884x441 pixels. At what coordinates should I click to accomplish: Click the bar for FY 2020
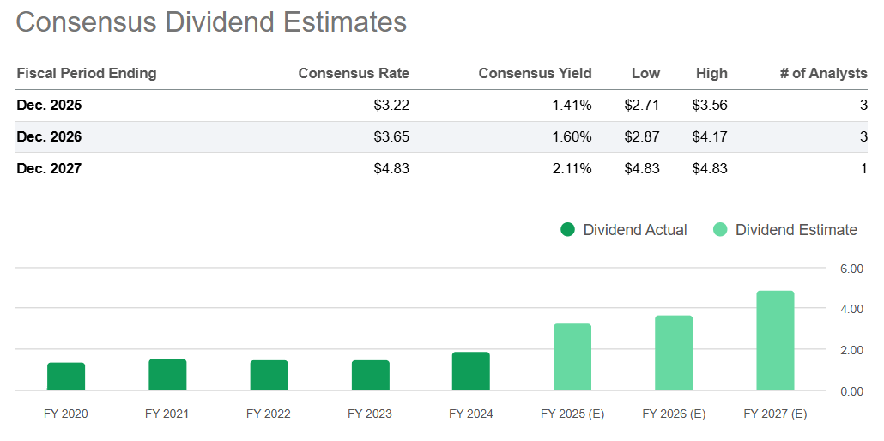[66, 377]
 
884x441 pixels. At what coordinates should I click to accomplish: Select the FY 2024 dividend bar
[471, 372]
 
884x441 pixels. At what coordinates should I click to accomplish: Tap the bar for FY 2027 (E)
[775, 341]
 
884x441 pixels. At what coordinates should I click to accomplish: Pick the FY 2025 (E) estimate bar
[572, 357]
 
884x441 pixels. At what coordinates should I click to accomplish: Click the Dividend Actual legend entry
[624, 230]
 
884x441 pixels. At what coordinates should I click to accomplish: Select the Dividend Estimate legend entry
[785, 230]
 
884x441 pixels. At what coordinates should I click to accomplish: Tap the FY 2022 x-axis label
[269, 414]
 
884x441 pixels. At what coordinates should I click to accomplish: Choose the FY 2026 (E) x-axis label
[674, 414]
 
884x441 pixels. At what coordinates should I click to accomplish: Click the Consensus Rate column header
[354, 74]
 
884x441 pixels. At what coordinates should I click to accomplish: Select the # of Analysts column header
[823, 74]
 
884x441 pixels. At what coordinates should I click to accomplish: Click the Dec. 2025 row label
[49, 106]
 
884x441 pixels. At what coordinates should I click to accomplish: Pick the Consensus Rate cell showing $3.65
[391, 137]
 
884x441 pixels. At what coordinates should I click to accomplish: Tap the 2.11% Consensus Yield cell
[572, 168]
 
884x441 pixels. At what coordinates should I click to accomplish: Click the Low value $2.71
[642, 106]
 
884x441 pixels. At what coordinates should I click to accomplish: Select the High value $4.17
[710, 137]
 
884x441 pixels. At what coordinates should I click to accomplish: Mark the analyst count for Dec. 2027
[863, 168]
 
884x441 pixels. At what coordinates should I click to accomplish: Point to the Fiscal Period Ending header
[87, 74]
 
